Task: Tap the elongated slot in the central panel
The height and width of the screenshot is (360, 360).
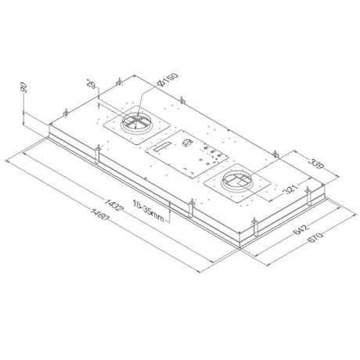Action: click(x=161, y=149)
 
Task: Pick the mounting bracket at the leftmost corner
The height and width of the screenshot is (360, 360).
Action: click(x=52, y=125)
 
